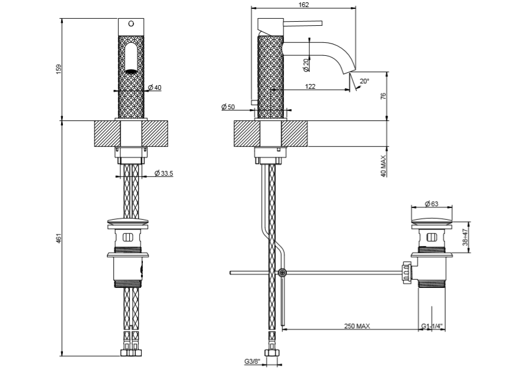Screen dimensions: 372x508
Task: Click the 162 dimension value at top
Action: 304,4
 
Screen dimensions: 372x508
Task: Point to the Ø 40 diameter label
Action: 155,88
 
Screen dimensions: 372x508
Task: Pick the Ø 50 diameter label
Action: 228,106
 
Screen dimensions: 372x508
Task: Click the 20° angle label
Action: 365,82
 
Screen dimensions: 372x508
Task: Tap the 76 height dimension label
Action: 383,96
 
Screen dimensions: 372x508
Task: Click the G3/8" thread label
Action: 252,362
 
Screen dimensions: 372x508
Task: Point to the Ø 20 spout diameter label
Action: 306,65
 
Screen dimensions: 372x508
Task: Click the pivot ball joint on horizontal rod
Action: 283,273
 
